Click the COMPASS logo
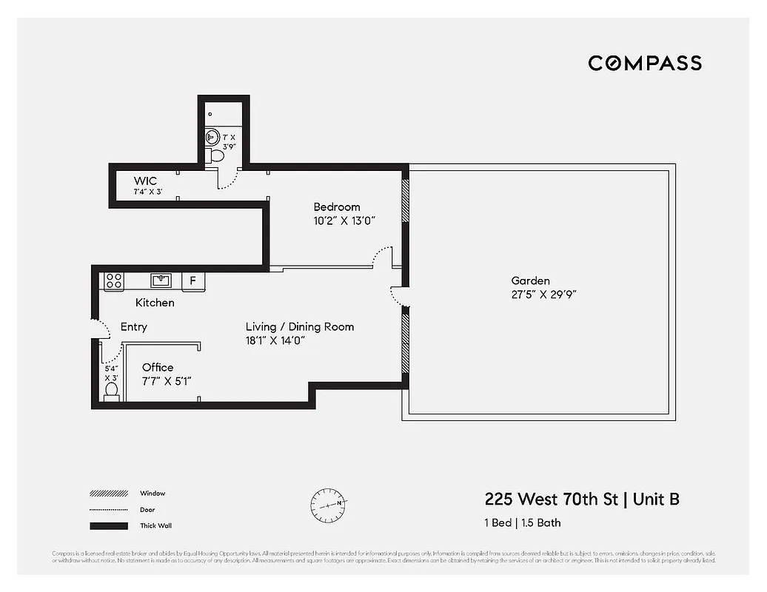click(644, 63)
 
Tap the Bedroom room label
click(336, 207)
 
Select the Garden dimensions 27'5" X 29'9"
click(543, 294)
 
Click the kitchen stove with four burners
click(113, 280)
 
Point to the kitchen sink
click(161, 280)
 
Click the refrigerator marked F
click(193, 280)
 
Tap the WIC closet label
click(145, 181)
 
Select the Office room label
click(158, 367)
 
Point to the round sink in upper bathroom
click(211, 136)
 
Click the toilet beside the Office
click(112, 390)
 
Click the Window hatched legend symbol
click(108, 494)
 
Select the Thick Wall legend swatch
click(108, 526)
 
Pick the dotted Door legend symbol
click(108, 510)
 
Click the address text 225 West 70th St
click(551, 499)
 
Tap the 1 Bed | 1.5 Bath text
click(522, 522)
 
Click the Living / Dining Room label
click(300, 326)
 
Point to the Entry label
click(133, 326)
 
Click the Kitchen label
click(155, 303)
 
